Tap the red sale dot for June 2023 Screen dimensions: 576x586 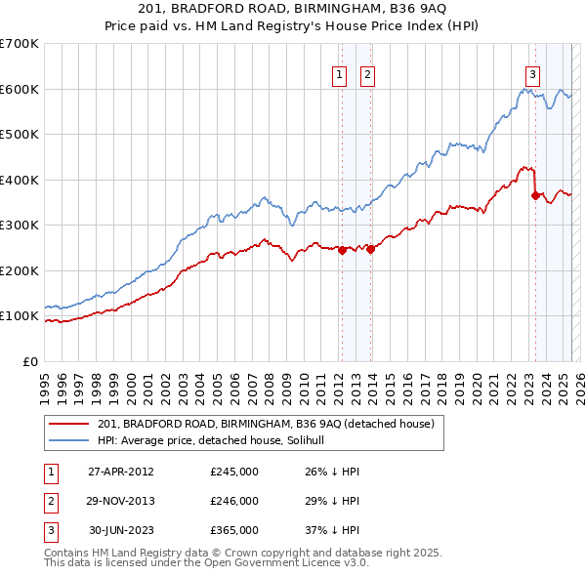pos(535,196)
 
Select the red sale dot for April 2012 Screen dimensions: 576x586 pos(343,250)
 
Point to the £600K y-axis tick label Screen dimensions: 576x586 pos(20,89)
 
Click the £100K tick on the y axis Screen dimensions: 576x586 pos(20,316)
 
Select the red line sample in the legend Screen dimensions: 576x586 pos(70,423)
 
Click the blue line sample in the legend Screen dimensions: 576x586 pos(70,440)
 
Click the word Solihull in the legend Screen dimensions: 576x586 pos(317,440)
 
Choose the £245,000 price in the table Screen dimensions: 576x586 pos(234,472)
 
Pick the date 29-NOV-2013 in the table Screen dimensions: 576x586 pos(121,501)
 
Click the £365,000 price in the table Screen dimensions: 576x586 pos(234,530)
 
